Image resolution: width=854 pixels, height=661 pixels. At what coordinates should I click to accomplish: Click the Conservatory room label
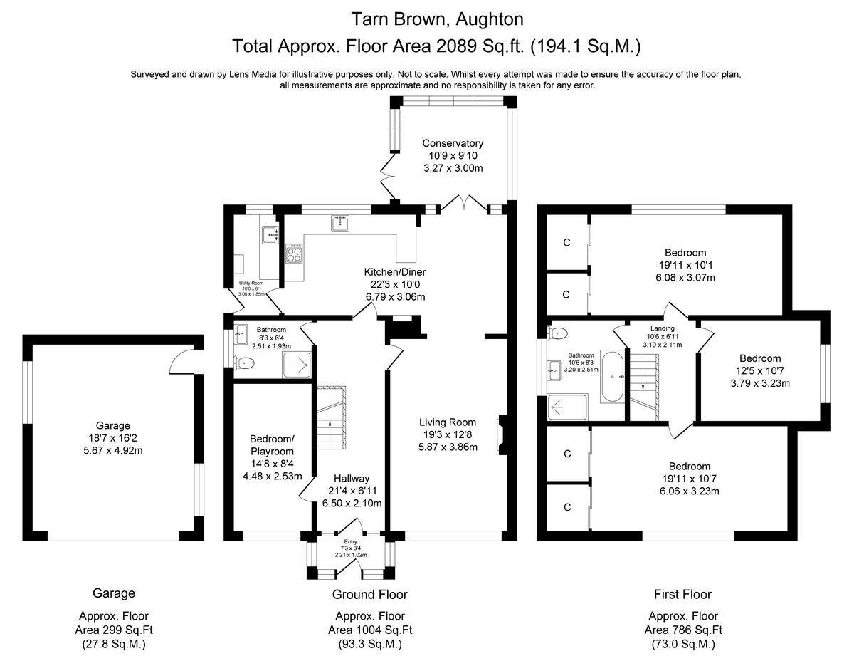click(x=453, y=143)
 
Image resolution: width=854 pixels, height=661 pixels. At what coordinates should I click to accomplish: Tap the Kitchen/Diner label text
click(x=395, y=272)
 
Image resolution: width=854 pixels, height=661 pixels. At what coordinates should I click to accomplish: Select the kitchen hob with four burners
click(x=295, y=253)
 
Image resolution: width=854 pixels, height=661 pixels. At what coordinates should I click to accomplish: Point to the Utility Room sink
click(x=270, y=233)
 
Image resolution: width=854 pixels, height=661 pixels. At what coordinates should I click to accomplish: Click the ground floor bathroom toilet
click(x=244, y=363)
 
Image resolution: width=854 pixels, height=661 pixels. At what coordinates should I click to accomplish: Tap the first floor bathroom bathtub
click(x=613, y=376)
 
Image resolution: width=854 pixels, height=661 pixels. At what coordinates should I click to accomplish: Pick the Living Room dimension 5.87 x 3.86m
click(x=448, y=447)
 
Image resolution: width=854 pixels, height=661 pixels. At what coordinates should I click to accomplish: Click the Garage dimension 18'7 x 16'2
click(x=113, y=438)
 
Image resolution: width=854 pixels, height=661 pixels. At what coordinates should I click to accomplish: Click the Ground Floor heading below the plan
click(x=370, y=594)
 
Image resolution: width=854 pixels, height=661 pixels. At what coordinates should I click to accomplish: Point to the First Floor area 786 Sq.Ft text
click(x=682, y=630)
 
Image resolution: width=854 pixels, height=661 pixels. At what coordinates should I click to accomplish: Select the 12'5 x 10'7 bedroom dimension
click(x=760, y=370)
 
